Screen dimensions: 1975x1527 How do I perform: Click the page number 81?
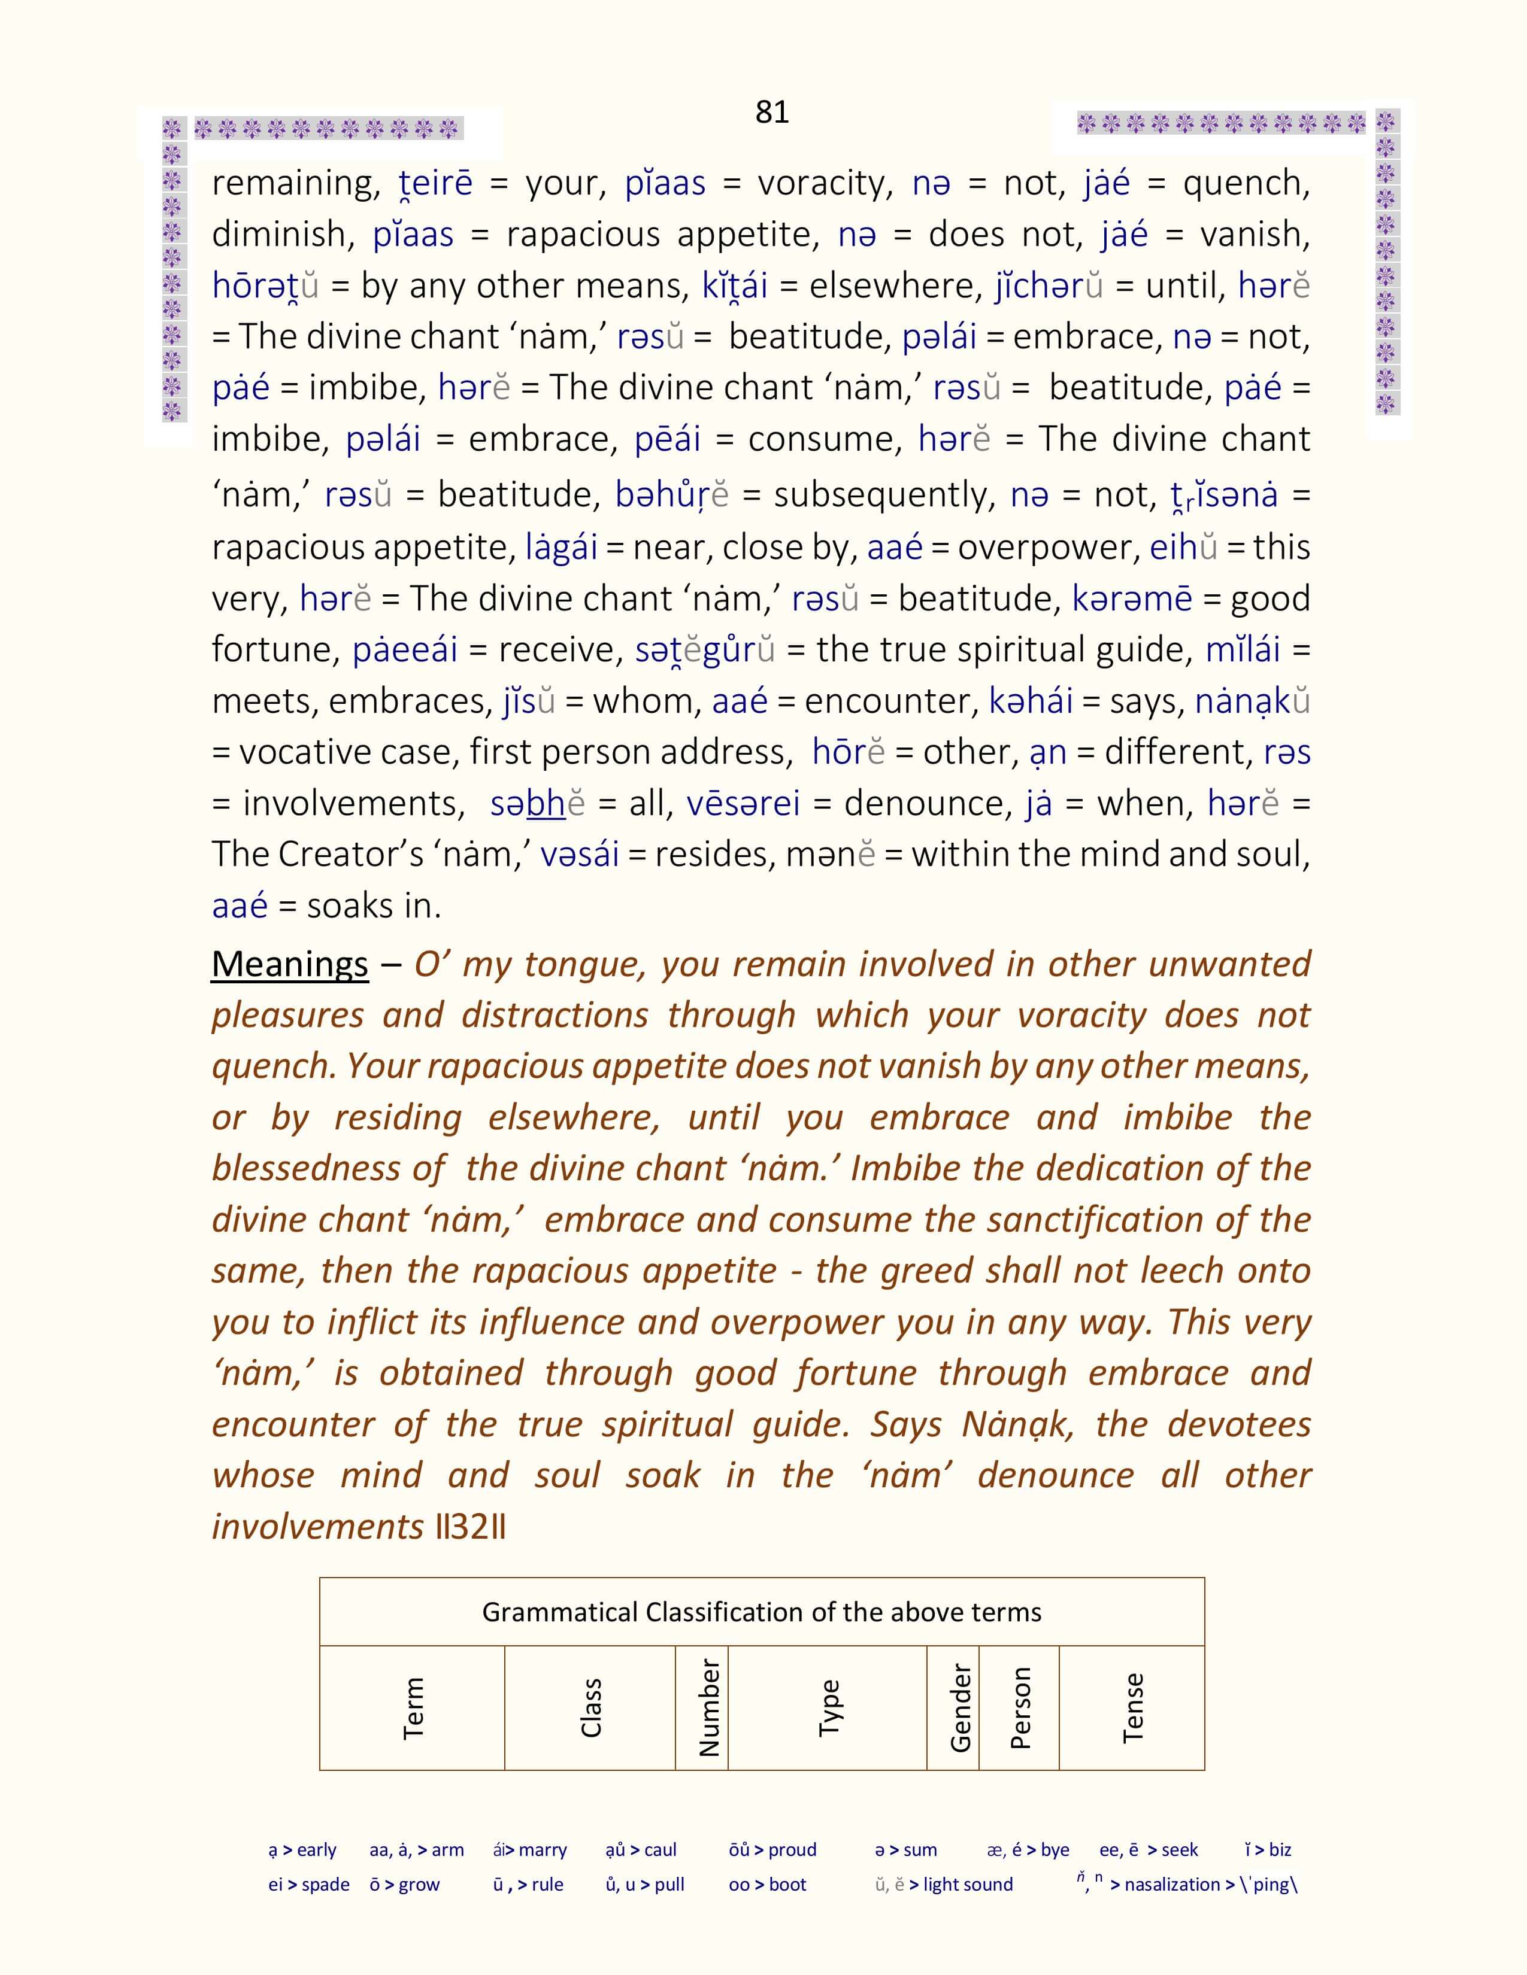click(x=772, y=112)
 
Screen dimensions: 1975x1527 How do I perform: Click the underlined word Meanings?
click(x=289, y=964)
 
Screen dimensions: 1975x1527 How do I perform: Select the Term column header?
click(x=413, y=1708)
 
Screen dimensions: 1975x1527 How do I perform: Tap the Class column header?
click(x=590, y=1708)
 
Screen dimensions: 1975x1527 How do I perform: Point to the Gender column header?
click(x=960, y=1708)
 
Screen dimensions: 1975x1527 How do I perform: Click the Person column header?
click(x=1020, y=1708)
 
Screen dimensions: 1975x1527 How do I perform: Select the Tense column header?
click(x=1132, y=1708)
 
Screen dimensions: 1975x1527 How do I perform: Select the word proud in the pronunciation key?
click(x=792, y=1850)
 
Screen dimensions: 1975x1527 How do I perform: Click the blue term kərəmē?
click(x=1132, y=598)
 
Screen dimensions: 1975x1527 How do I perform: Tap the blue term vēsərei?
click(x=743, y=803)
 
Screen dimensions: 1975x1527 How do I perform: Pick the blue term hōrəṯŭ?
click(x=265, y=285)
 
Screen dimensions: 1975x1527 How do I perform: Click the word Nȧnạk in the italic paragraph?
click(x=1017, y=1425)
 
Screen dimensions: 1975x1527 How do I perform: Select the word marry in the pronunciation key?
click(x=543, y=1850)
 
